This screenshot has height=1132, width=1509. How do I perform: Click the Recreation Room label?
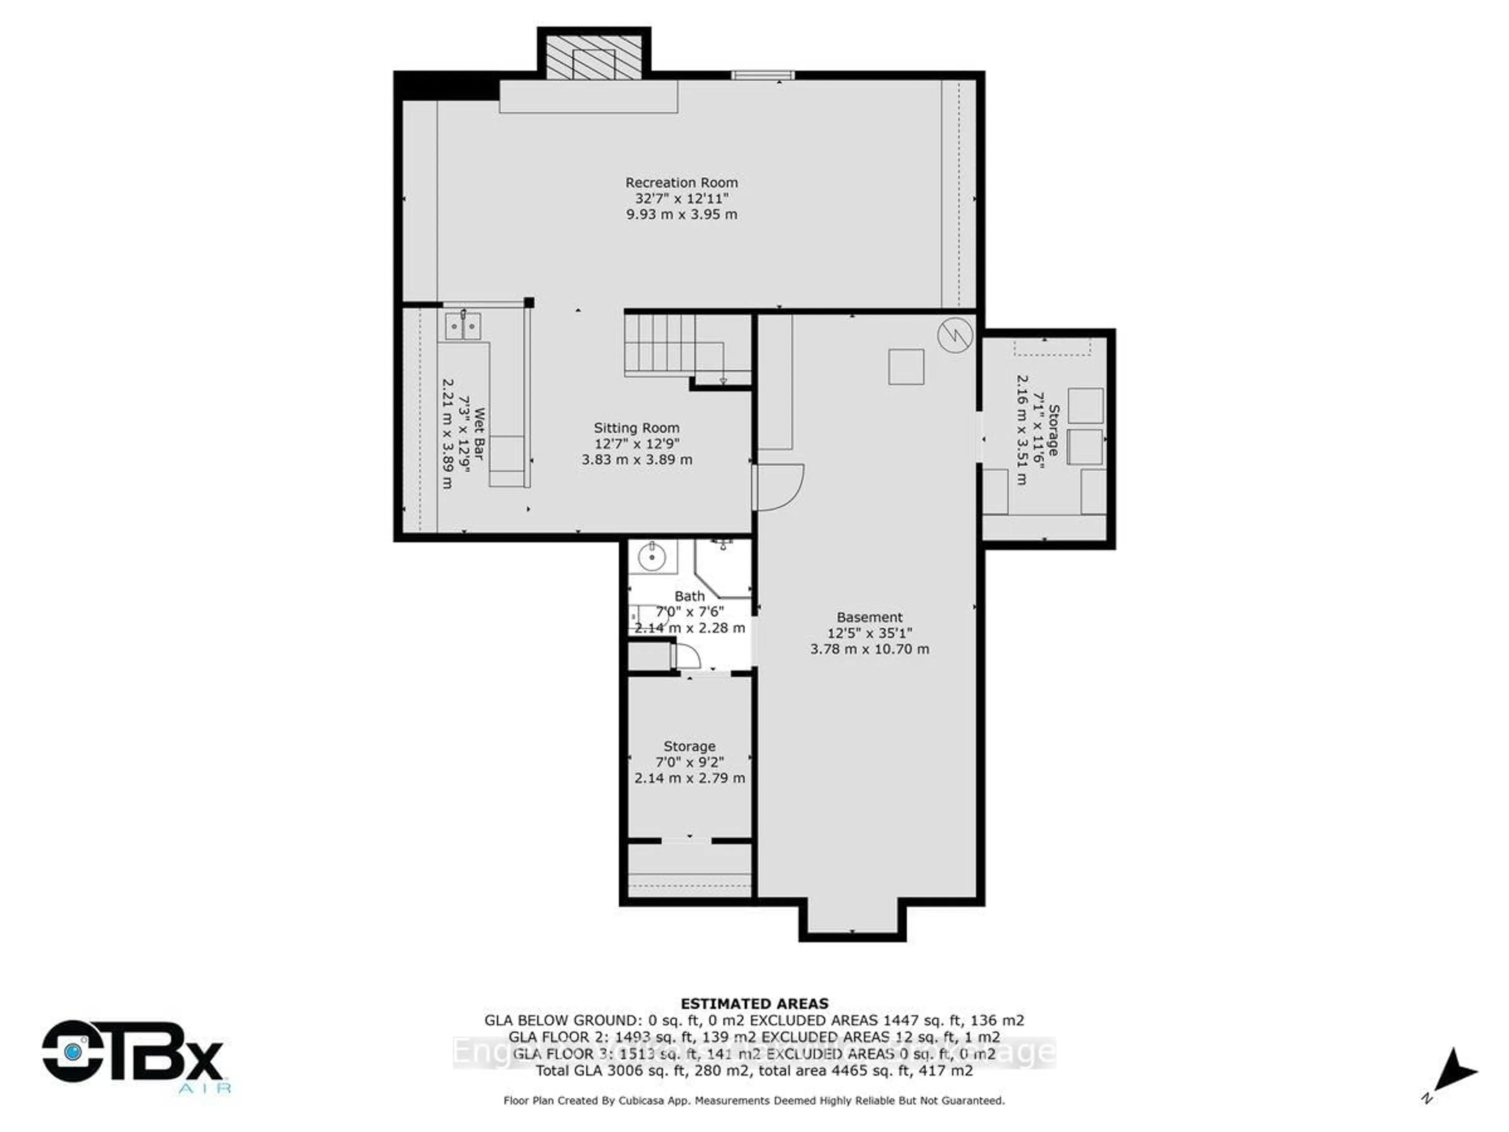681,183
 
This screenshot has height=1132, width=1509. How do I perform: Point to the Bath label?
689,596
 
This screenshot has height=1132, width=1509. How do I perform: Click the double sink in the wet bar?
463,326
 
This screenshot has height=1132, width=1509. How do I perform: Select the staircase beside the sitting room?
660,345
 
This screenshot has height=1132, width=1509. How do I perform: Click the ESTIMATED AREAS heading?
754,1004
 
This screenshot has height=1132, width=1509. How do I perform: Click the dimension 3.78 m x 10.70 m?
870,649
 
